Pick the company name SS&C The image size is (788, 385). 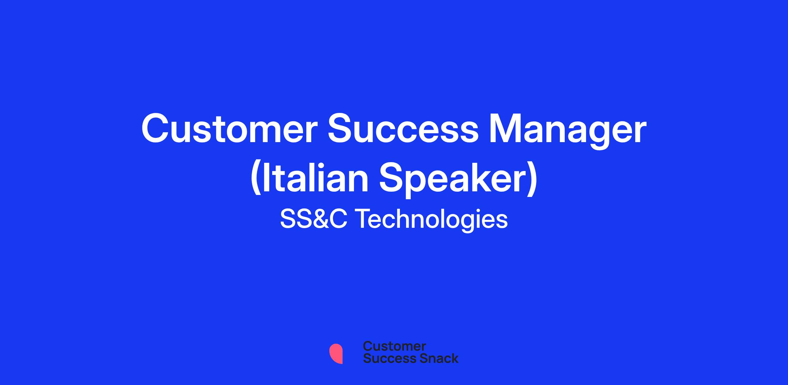coord(313,219)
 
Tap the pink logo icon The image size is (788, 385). coord(336,353)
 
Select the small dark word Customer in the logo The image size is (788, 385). coord(394,346)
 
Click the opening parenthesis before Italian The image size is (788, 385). coord(256,180)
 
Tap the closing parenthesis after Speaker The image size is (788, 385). coord(533,180)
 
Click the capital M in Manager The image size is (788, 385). coord(505,129)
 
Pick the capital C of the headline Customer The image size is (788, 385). coord(155,129)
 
